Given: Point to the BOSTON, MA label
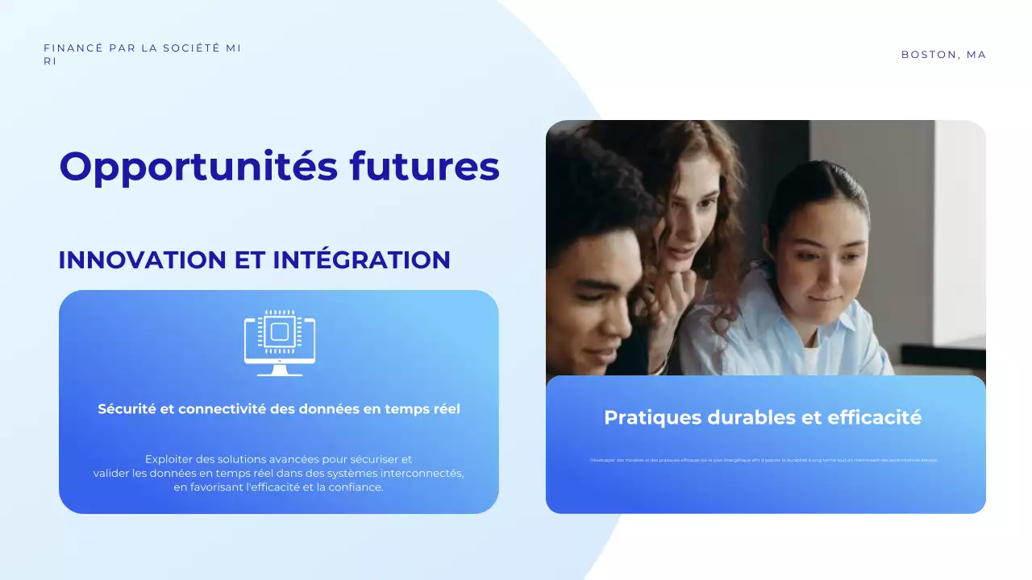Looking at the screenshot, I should click(x=943, y=55).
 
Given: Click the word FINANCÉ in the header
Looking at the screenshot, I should click(x=73, y=48).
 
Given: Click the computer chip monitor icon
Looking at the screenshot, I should click(x=280, y=342).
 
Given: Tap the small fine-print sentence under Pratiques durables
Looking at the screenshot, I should click(x=764, y=460).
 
